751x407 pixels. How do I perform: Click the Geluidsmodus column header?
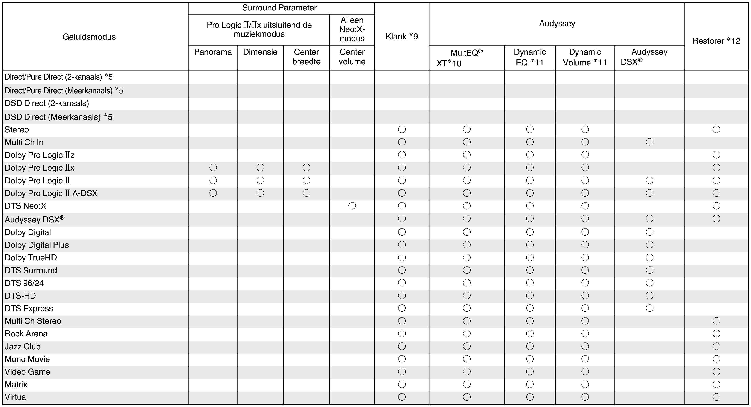point(89,37)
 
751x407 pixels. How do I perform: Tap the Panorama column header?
point(213,52)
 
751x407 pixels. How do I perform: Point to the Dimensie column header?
point(260,52)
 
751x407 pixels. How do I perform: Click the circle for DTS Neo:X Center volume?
point(352,206)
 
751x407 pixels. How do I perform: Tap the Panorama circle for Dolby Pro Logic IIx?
point(213,168)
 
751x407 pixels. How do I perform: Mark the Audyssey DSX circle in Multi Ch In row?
point(649,142)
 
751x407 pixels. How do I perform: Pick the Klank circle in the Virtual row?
point(402,397)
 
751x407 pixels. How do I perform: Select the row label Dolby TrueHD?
point(31,258)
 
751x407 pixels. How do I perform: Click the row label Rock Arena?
point(26,334)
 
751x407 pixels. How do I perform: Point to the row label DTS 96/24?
point(24,283)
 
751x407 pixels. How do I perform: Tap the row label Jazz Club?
point(22,346)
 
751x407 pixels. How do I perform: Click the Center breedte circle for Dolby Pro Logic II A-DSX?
point(306,193)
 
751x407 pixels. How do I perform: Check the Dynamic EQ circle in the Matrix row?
point(530,384)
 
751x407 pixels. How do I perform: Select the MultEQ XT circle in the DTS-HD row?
point(467,295)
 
